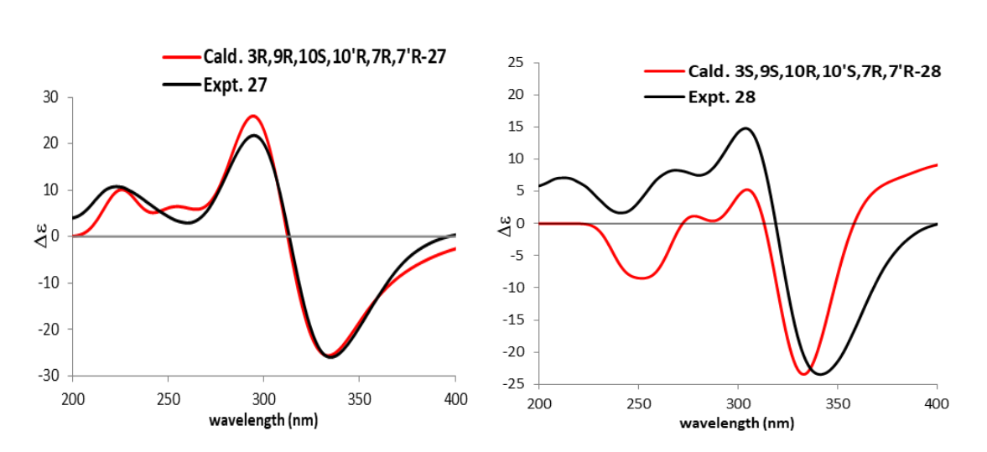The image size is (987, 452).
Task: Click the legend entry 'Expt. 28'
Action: point(721,96)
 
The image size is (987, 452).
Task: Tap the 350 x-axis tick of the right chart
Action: point(838,404)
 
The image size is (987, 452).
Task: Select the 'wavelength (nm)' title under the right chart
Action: point(736,423)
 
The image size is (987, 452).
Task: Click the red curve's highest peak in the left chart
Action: point(253,116)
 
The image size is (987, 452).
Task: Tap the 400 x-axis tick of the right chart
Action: point(937,404)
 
